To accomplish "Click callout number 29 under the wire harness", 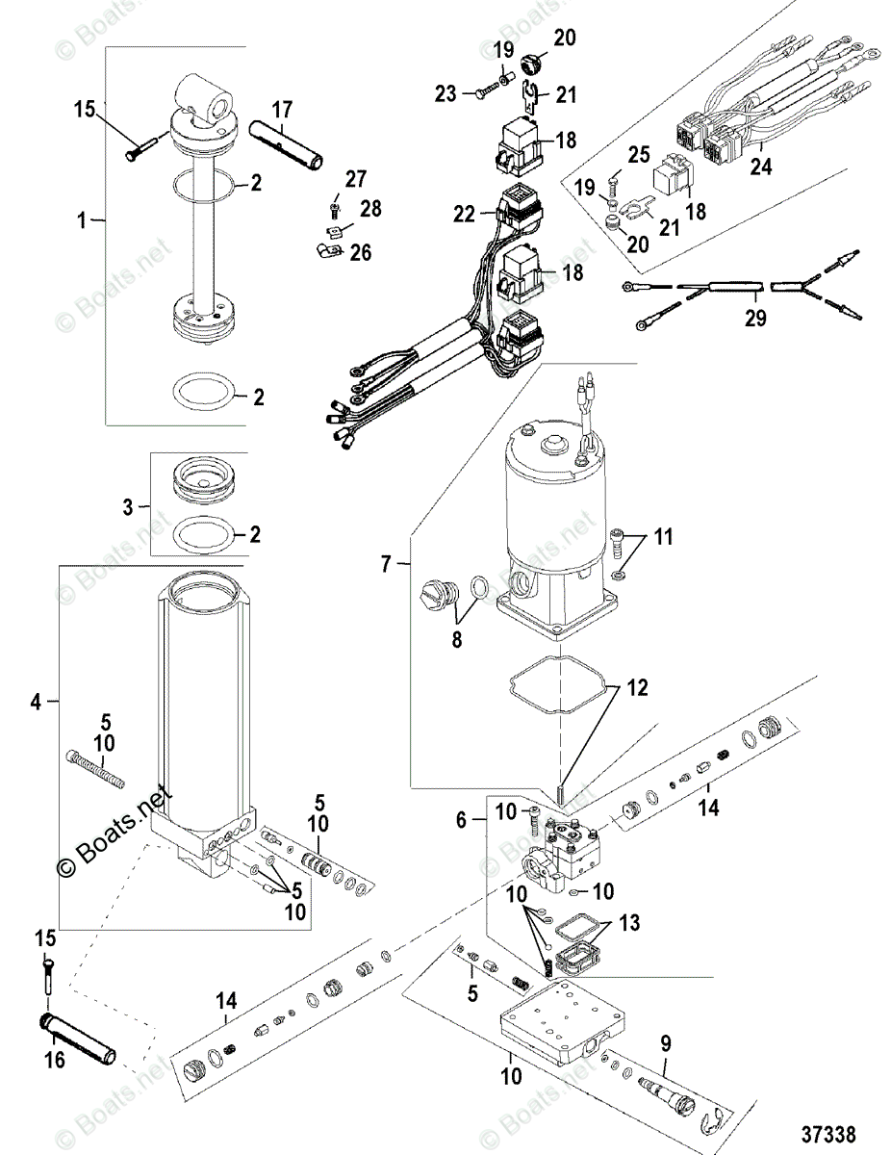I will coord(756,319).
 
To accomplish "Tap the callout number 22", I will coord(465,214).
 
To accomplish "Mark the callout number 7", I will coord(386,565).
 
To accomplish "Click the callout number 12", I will coord(639,688).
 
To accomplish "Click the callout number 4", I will coord(36,703).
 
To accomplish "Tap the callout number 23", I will coord(445,93).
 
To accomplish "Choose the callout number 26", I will coord(361,253).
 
